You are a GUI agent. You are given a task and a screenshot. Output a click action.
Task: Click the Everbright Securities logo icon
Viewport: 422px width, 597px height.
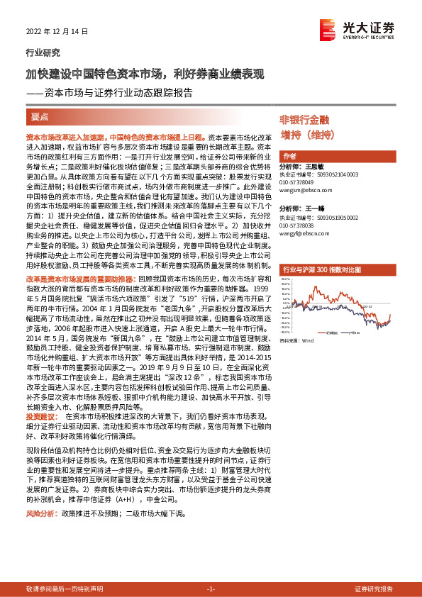(x=328, y=26)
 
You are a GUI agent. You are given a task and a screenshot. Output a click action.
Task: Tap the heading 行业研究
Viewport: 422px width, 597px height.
(x=39, y=53)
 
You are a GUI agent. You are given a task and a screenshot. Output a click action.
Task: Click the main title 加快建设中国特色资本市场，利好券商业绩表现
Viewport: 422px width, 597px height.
(x=145, y=74)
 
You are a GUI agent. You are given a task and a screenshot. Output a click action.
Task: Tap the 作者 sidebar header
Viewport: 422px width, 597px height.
(x=289, y=155)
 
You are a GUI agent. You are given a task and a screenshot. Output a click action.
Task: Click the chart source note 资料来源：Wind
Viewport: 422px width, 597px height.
(x=296, y=340)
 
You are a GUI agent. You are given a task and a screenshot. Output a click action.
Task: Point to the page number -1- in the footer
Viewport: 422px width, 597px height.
(x=211, y=588)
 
